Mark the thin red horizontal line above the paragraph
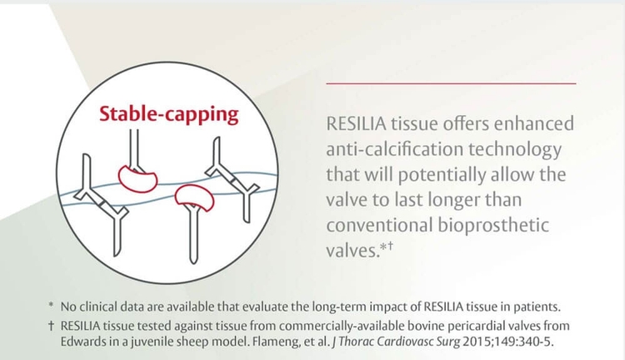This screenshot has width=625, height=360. (x=450, y=83)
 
